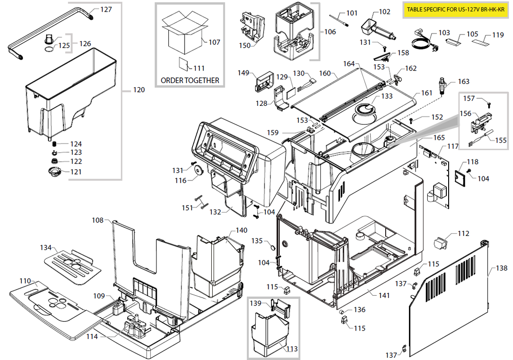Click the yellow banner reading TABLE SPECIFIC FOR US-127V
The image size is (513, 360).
(456, 9)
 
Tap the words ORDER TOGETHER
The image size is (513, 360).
(190, 80)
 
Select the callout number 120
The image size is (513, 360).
(139, 90)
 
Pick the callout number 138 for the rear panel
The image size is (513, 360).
(501, 268)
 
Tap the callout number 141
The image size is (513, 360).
(384, 296)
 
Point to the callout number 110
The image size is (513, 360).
(25, 281)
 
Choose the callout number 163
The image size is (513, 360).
(464, 82)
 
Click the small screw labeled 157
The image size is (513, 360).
(488, 104)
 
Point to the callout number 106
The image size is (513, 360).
(330, 32)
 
